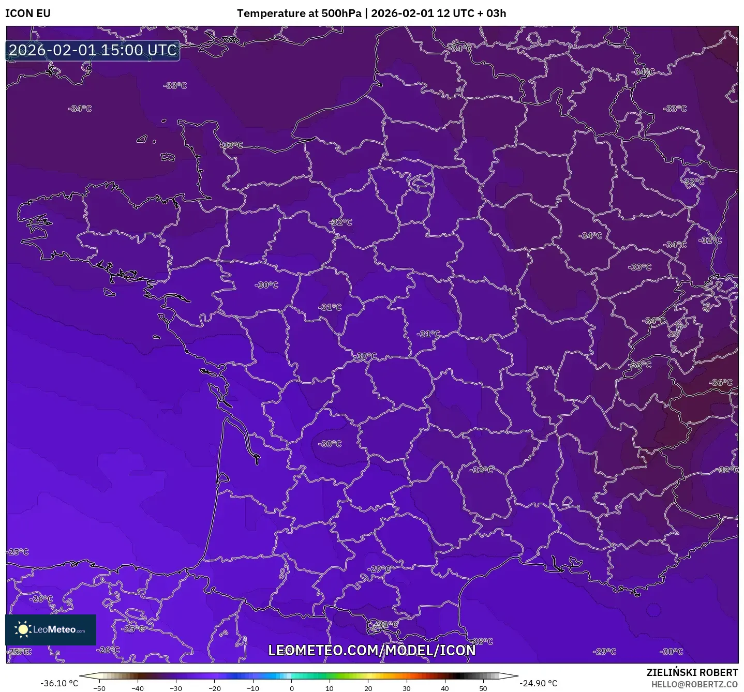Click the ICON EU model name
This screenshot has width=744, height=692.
pos(28,13)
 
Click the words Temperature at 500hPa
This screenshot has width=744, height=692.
pos(299,13)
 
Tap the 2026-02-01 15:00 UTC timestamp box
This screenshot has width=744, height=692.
pos(93,50)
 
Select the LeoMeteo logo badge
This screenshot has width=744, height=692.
pos(51,629)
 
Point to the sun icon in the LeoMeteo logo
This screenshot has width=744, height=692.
pos(23,629)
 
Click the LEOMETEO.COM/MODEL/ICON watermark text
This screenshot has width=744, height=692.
pos(371,650)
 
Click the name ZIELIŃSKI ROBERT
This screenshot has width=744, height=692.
pos(692,672)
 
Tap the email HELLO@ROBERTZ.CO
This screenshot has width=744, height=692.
pos(694,684)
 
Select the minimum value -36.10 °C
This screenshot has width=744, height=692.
pos(59,683)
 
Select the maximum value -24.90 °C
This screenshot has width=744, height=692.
pos(538,683)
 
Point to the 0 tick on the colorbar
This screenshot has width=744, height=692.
pos(291,688)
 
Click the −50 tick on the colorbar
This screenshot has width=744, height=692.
pos(99,688)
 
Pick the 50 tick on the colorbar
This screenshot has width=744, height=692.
pos(483,688)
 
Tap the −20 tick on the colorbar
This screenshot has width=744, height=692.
pos(214,688)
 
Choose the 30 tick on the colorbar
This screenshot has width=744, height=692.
pos(406,688)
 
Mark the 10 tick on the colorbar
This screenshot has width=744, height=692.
pos(330,688)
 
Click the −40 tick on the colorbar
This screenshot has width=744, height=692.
pos(137,688)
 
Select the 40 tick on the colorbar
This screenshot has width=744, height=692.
pos(444,688)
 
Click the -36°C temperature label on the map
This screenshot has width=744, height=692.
pos(721,383)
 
